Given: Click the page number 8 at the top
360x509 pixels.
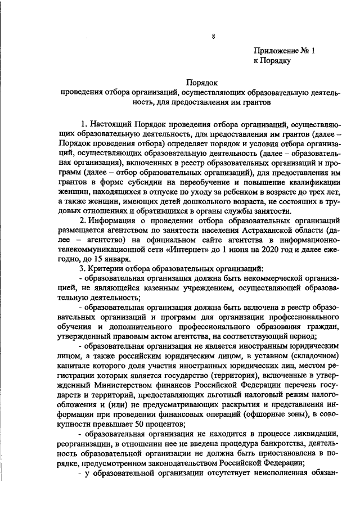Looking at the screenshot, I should click(214, 37).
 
